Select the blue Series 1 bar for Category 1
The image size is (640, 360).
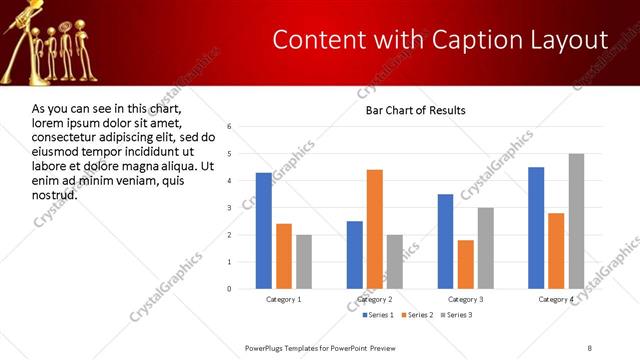[x=264, y=231]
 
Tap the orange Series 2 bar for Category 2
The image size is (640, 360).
[x=375, y=229]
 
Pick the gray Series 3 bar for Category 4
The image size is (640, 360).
[x=576, y=221]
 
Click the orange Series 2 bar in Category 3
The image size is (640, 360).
[x=465, y=264]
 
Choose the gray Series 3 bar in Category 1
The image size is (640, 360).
[x=303, y=262]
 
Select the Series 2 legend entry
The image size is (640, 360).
[x=414, y=315]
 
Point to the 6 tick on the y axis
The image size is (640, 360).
[x=229, y=127]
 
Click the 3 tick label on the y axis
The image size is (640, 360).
[x=229, y=208]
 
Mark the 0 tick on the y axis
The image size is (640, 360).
[x=229, y=289]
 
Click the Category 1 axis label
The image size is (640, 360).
[x=284, y=299]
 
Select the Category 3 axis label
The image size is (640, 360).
[x=465, y=299]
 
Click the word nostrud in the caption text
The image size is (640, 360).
[x=55, y=194]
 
